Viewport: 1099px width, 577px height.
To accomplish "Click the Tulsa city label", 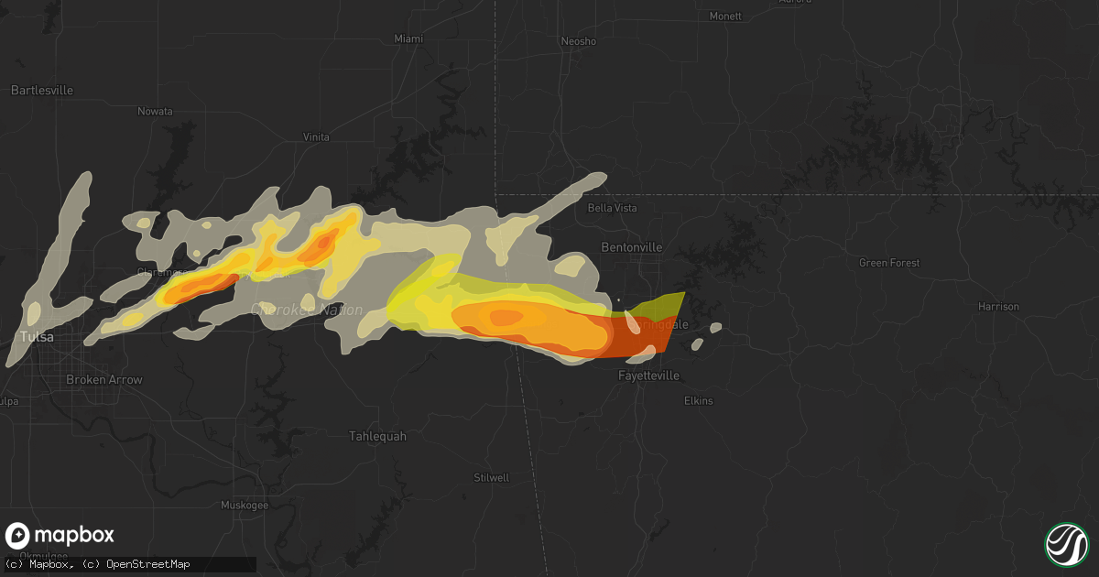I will pos(37,337).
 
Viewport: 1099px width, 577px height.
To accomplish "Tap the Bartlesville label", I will pos(42,91).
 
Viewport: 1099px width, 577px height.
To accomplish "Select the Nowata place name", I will pos(155,112).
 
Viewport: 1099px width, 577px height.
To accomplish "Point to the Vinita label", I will pos(316,137).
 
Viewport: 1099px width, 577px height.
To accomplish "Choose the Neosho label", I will pos(578,42).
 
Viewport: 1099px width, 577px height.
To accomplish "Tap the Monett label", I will pos(725,16).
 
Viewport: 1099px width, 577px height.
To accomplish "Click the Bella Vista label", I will pos(612,208).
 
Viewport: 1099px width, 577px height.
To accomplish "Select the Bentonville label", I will pos(631,248).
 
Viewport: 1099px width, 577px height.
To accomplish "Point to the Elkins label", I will pos(698,401).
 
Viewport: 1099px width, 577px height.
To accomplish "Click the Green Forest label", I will pos(889,264).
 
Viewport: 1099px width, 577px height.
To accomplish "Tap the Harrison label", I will pos(998,307).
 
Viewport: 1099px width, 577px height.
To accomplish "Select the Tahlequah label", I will pos(377,436).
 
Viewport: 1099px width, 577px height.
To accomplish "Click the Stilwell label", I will pos(492,478).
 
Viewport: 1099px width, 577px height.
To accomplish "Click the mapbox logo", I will pos(60,536).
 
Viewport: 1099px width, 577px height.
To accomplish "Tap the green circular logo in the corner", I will pos(1066,543).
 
